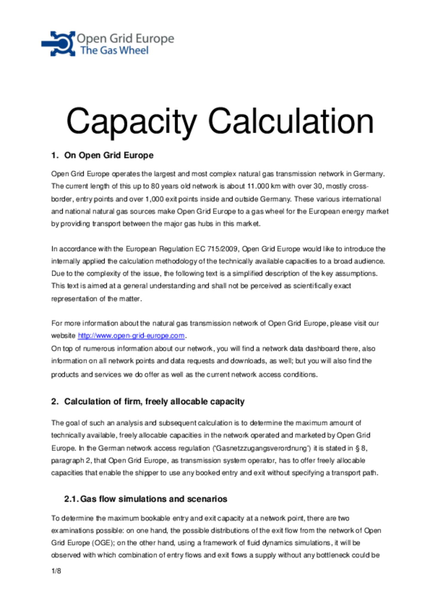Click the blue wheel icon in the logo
(59, 44)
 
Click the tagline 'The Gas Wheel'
(114, 50)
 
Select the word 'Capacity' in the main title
(131, 121)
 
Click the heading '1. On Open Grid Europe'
(102, 155)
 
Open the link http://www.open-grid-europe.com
(131, 336)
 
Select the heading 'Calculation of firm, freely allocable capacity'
(154, 402)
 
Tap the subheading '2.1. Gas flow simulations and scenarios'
(145, 499)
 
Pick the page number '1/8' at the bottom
(56, 571)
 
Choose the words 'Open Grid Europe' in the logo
(125, 38)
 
